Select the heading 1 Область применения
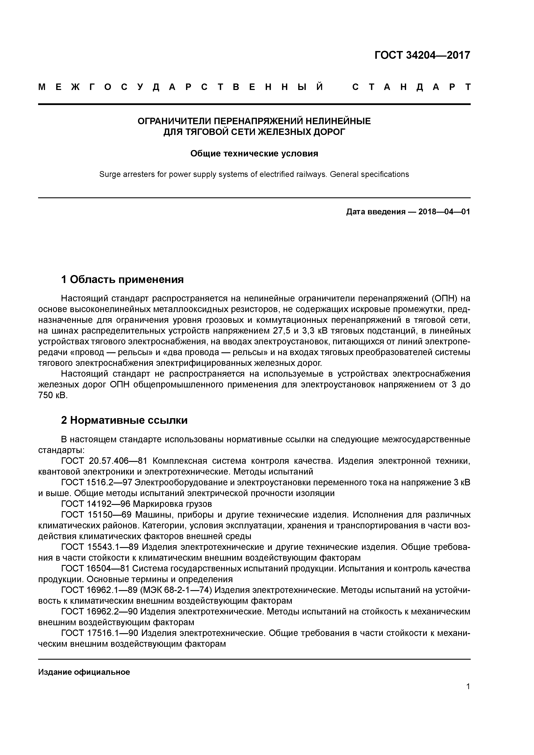pos(122,280)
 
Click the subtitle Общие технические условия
pos(254,154)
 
